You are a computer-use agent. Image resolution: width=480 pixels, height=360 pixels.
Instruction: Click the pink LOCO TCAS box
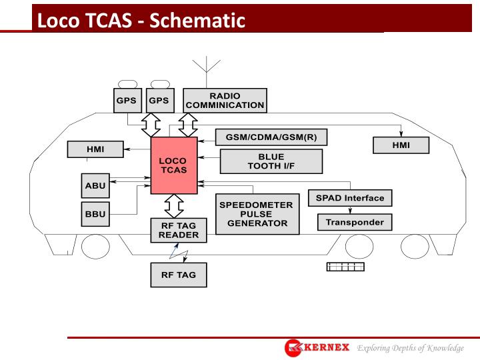[x=173, y=165]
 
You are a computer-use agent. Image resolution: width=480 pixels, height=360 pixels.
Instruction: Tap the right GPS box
[x=159, y=101]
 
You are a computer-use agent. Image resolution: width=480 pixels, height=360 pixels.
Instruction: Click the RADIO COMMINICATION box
[x=225, y=101]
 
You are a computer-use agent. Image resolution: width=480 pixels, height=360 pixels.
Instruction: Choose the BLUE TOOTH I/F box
[x=271, y=161]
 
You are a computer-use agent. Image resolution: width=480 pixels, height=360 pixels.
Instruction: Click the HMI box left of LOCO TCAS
[x=95, y=149]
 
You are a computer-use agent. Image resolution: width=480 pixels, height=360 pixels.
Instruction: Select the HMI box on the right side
[x=401, y=145]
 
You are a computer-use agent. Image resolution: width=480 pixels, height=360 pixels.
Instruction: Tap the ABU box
[x=95, y=185]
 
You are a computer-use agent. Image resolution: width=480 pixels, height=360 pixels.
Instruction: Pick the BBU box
[x=95, y=215]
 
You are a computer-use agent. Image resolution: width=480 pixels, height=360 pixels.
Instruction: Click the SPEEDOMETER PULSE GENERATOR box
[x=257, y=214]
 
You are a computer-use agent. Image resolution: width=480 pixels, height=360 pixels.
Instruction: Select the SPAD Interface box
[x=350, y=198]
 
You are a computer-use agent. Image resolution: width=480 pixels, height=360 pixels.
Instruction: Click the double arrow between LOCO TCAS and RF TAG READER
[x=173, y=206]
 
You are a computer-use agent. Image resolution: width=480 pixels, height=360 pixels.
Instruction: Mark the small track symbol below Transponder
[x=345, y=267]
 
